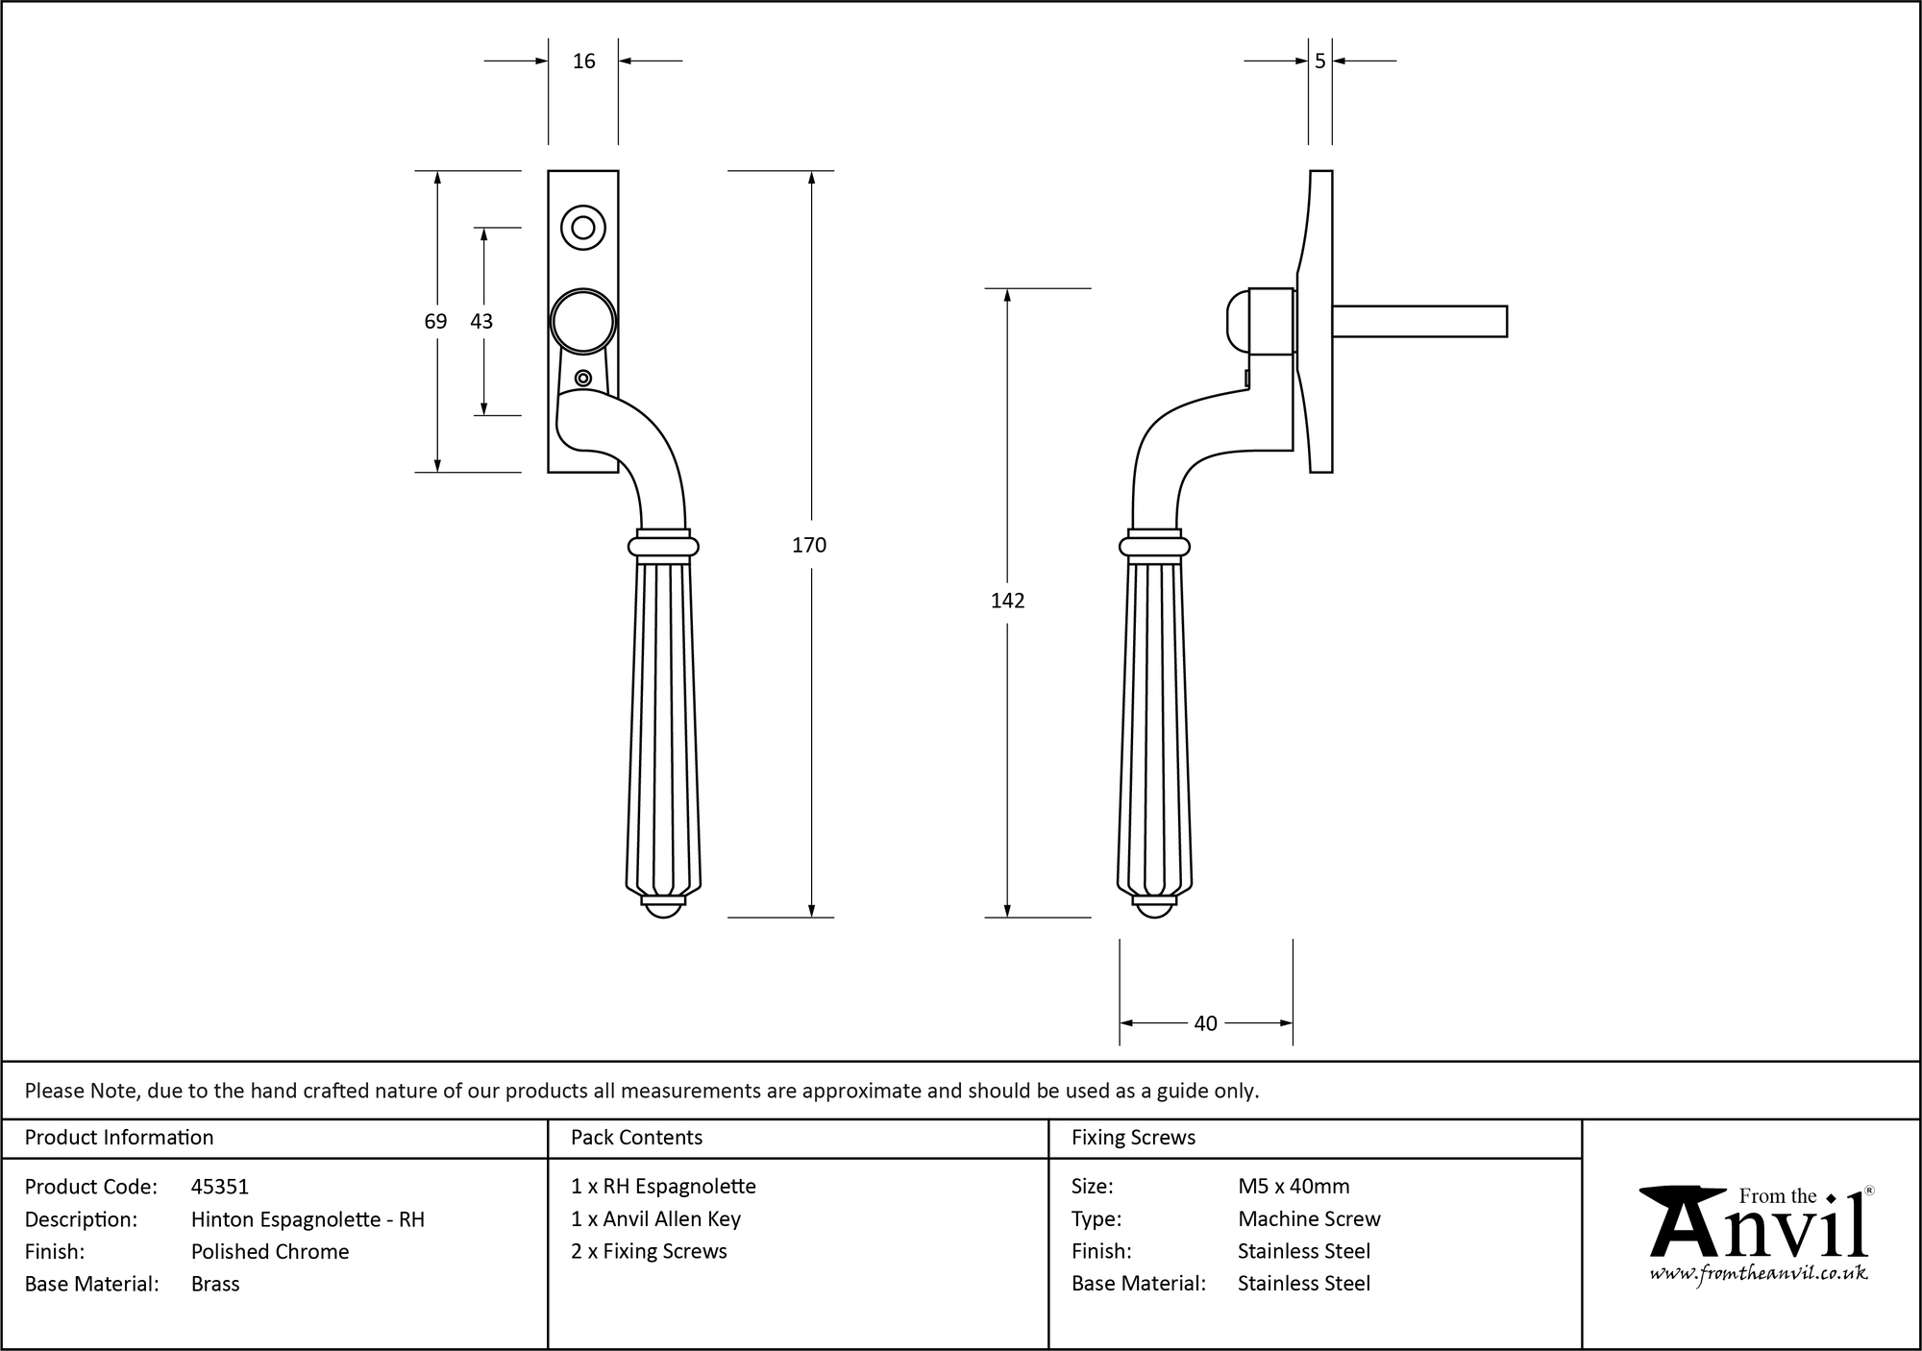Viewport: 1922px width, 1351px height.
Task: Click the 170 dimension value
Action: point(808,545)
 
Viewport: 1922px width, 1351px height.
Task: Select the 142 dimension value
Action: point(1007,601)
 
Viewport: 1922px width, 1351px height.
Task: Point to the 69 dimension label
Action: point(435,321)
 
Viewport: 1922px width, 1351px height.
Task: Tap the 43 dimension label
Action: point(481,321)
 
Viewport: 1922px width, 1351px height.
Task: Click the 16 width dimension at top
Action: point(583,61)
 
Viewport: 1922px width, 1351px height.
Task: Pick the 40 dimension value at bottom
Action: point(1205,1023)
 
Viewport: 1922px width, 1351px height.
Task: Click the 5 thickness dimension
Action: point(1319,61)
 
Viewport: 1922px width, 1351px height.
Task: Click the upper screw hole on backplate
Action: point(582,228)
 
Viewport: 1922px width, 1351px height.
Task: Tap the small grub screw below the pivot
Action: point(582,378)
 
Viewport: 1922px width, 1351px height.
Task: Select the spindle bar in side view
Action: point(1419,321)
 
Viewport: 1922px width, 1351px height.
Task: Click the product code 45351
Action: point(220,1187)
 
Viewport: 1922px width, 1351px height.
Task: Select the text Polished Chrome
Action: point(270,1251)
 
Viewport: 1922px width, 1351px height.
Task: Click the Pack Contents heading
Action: point(636,1138)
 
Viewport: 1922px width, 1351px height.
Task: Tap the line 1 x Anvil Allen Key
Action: point(655,1218)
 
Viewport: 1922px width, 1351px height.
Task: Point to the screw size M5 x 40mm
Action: point(1294,1187)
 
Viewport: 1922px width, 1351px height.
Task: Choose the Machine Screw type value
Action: point(1309,1218)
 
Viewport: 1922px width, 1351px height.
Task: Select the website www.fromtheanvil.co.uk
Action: point(1759,1273)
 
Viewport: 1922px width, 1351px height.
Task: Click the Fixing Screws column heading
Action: point(1133,1138)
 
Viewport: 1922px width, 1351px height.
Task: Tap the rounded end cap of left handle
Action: point(663,908)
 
